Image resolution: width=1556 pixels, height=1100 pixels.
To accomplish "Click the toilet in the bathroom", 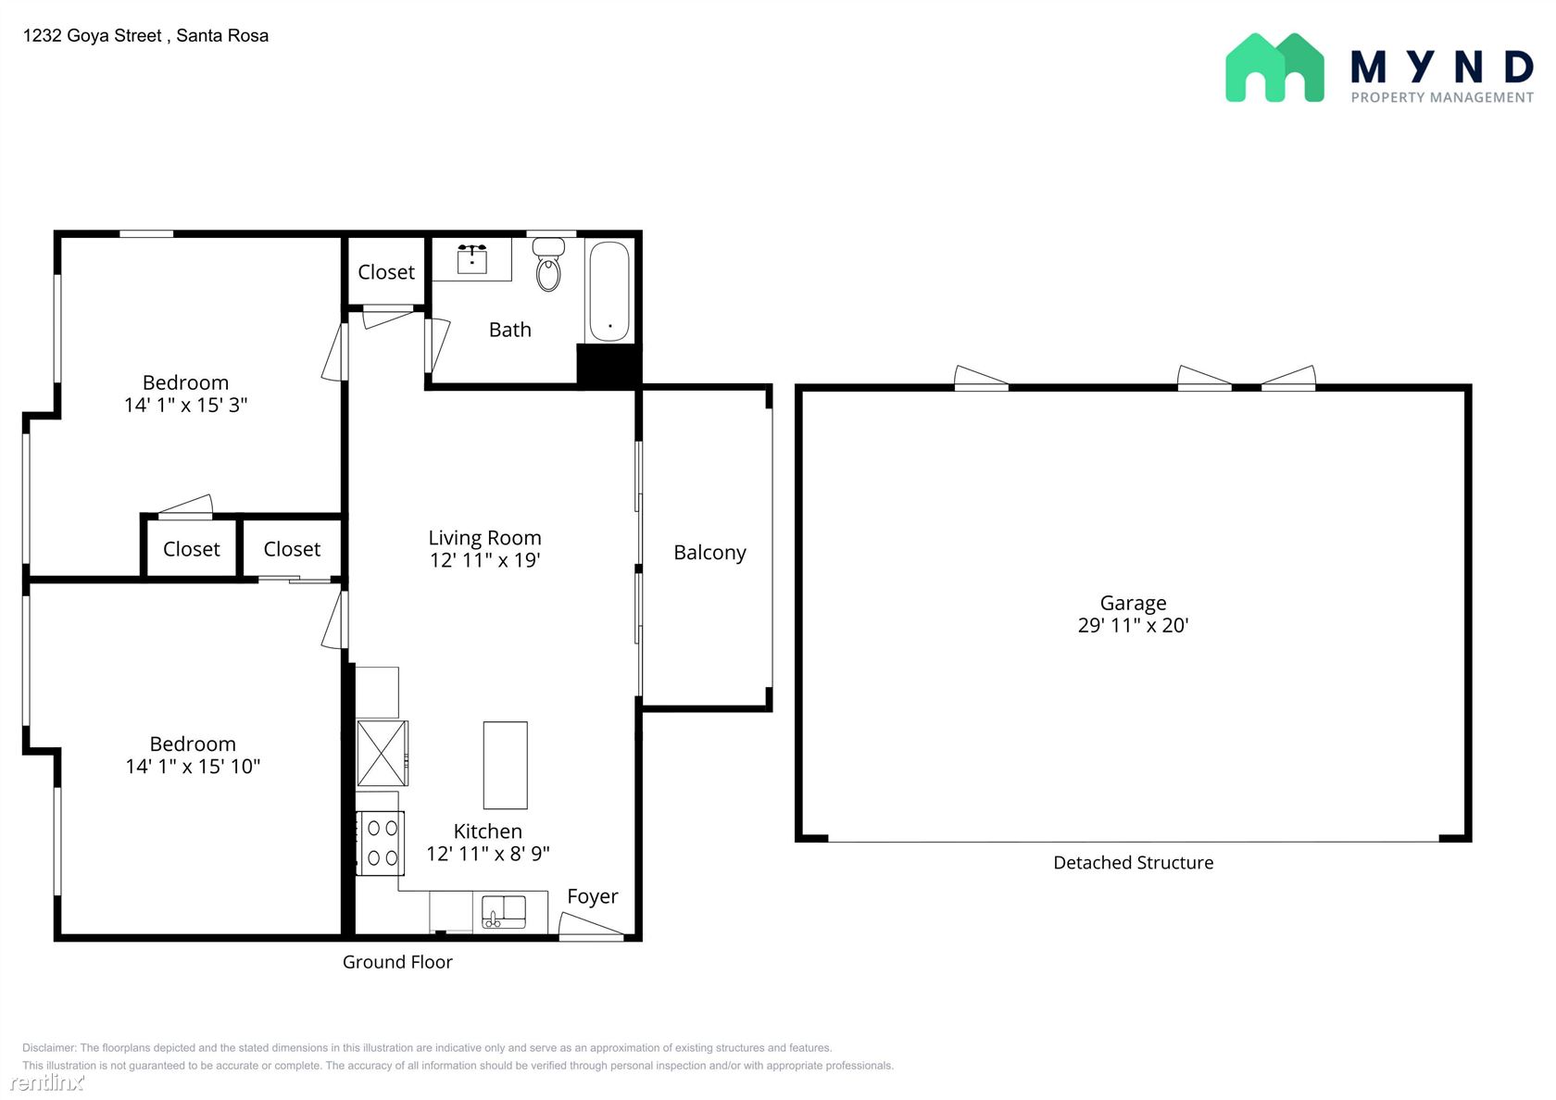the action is [x=548, y=265].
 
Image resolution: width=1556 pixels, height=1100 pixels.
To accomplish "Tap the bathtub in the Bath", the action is [x=609, y=291].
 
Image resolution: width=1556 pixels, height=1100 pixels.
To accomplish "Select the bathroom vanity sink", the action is [x=472, y=259].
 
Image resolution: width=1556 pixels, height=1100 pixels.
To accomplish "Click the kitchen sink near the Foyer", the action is [x=504, y=912].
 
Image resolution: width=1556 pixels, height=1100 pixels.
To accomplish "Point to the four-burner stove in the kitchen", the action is [x=381, y=843].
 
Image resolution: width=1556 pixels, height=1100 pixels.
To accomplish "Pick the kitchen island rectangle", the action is [x=506, y=765].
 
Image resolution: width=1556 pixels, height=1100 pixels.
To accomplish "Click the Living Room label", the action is [x=485, y=537].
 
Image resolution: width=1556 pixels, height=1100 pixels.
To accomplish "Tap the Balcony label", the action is [x=709, y=552].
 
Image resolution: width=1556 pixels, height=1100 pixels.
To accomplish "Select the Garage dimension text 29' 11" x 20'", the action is [x=1133, y=625].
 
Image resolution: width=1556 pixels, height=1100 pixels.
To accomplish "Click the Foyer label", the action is [x=593, y=896].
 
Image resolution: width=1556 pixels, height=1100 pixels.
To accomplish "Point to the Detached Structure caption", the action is [x=1133, y=863].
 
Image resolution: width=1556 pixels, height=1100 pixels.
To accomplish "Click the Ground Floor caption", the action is [x=397, y=962].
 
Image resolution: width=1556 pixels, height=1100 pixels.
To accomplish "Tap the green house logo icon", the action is [x=1274, y=68].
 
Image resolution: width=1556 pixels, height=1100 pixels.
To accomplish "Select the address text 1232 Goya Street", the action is [x=93, y=35].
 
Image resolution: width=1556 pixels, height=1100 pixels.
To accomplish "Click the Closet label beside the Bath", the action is [x=386, y=271].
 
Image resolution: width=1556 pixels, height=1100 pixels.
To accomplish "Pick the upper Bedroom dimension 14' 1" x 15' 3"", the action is [x=185, y=405].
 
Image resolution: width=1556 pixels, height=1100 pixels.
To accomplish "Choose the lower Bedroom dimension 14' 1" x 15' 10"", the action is [x=193, y=766].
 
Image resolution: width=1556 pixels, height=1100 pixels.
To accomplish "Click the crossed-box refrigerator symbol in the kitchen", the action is [x=382, y=754].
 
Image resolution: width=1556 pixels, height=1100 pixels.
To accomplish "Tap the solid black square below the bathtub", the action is [x=609, y=365].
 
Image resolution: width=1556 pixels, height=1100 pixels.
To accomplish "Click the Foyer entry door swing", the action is [x=591, y=926].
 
